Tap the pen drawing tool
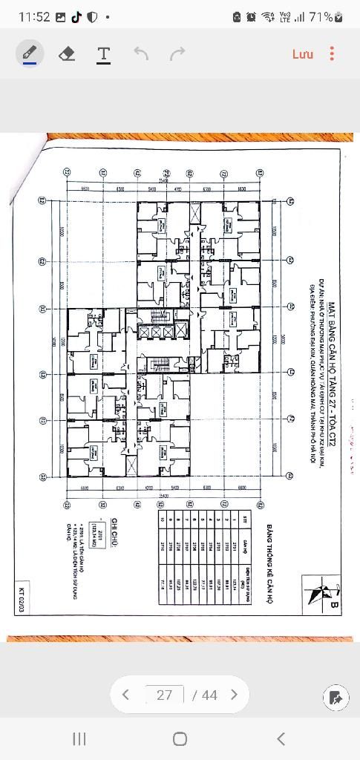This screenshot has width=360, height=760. pyautogui.click(x=30, y=53)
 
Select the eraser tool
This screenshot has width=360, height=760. pyautogui.click(x=67, y=53)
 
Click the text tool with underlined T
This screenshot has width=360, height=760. pyautogui.click(x=104, y=53)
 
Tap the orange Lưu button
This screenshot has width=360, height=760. pyautogui.click(x=302, y=53)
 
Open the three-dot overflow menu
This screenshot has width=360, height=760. pyautogui.click(x=332, y=53)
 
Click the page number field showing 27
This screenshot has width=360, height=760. pyautogui.click(x=165, y=695)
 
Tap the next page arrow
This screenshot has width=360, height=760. pyautogui.click(x=234, y=695)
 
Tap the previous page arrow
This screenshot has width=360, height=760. pyautogui.click(x=125, y=695)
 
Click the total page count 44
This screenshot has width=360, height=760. pyautogui.click(x=209, y=695)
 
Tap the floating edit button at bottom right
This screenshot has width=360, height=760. pyautogui.click(x=336, y=698)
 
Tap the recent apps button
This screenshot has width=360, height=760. pyautogui.click(x=79, y=738)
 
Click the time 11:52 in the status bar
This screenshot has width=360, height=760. pyautogui.click(x=34, y=16)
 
